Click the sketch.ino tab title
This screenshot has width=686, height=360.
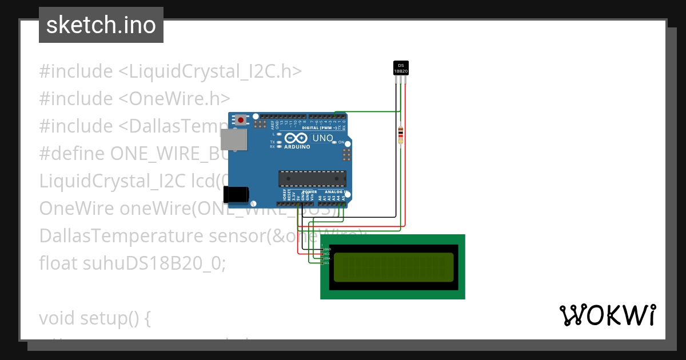101,25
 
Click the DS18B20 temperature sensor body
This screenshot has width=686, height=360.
401,68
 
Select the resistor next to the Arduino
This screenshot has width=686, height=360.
400,135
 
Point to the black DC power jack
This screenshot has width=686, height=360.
236,194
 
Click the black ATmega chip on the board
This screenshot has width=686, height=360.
312,179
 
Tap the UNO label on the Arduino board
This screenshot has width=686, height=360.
322,138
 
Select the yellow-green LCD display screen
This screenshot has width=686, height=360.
394,266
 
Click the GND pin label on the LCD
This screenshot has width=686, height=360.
328,250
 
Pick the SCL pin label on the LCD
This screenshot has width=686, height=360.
328,262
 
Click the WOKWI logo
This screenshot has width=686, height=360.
607,315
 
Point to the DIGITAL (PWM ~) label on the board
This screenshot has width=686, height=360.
322,128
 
